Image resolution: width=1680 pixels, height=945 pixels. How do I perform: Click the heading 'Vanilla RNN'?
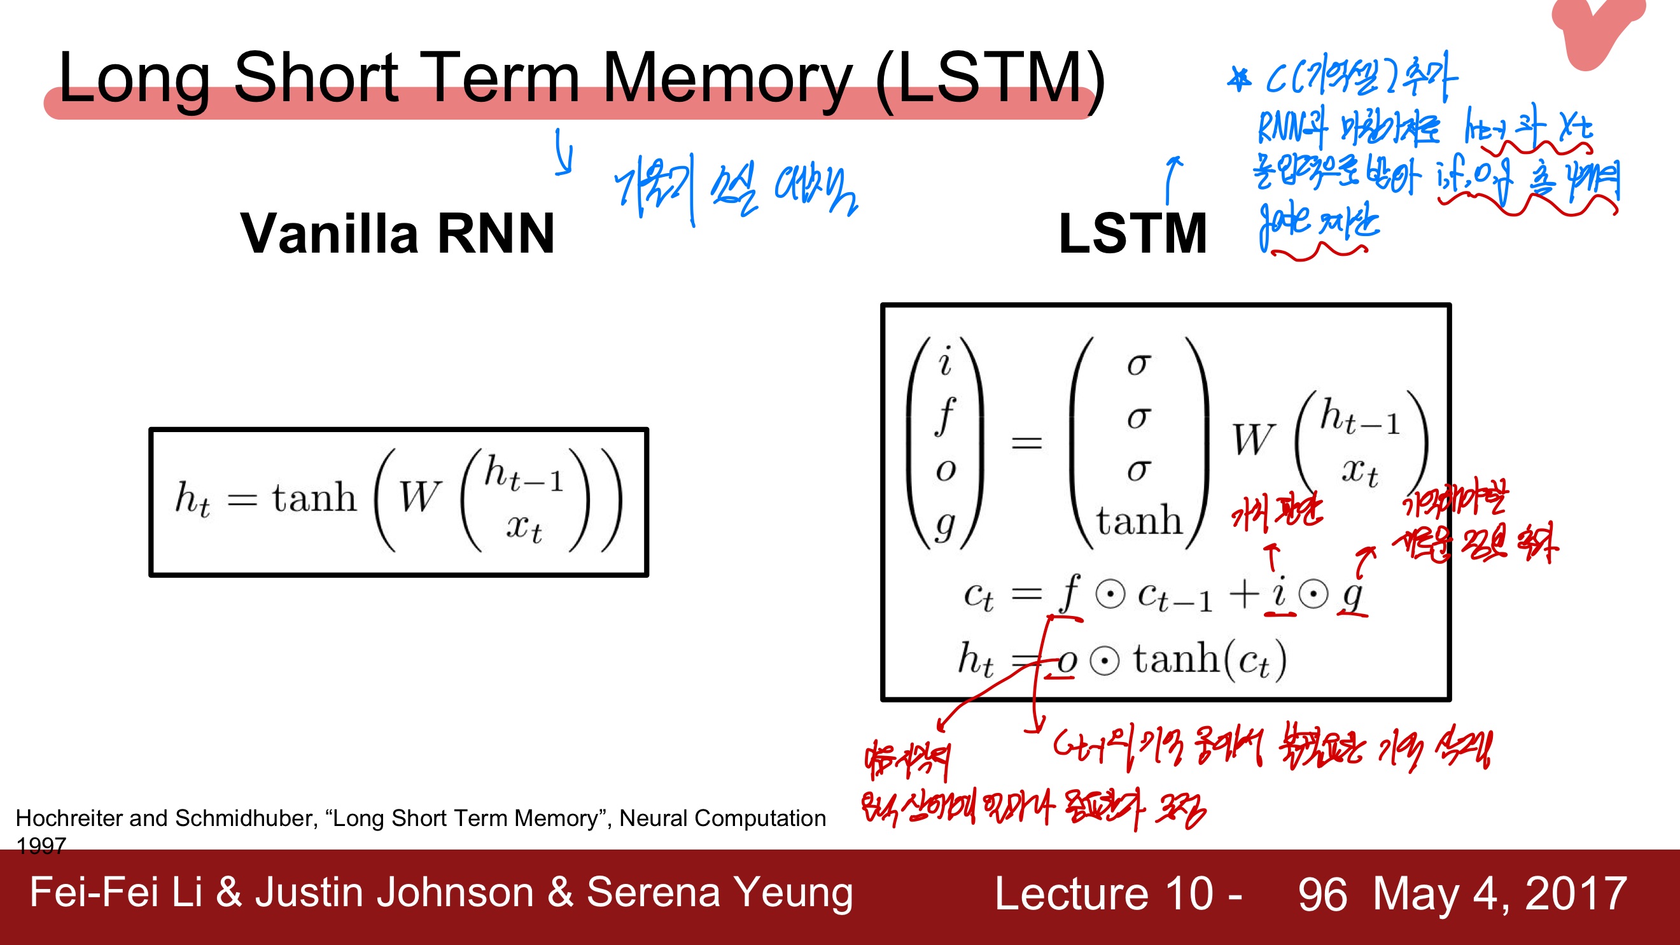[398, 234]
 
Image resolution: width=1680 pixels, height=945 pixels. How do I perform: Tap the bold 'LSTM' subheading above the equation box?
[1133, 234]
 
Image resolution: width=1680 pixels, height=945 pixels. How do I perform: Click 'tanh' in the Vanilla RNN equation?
[314, 498]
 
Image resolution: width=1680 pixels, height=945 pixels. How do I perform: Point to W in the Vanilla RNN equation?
[420, 498]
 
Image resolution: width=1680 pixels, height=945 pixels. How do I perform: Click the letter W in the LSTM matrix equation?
[1254, 440]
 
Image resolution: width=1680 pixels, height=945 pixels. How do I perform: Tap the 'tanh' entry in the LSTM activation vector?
[1138, 521]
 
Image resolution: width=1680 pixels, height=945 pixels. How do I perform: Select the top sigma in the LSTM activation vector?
[1138, 364]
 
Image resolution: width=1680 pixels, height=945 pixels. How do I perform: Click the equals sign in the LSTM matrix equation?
[1026, 444]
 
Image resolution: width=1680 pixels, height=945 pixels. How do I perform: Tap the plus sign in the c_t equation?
[1243, 595]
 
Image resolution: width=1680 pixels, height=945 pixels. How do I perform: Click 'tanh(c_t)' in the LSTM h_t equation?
[1210, 659]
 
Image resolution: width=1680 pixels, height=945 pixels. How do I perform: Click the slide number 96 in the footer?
[1322, 894]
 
